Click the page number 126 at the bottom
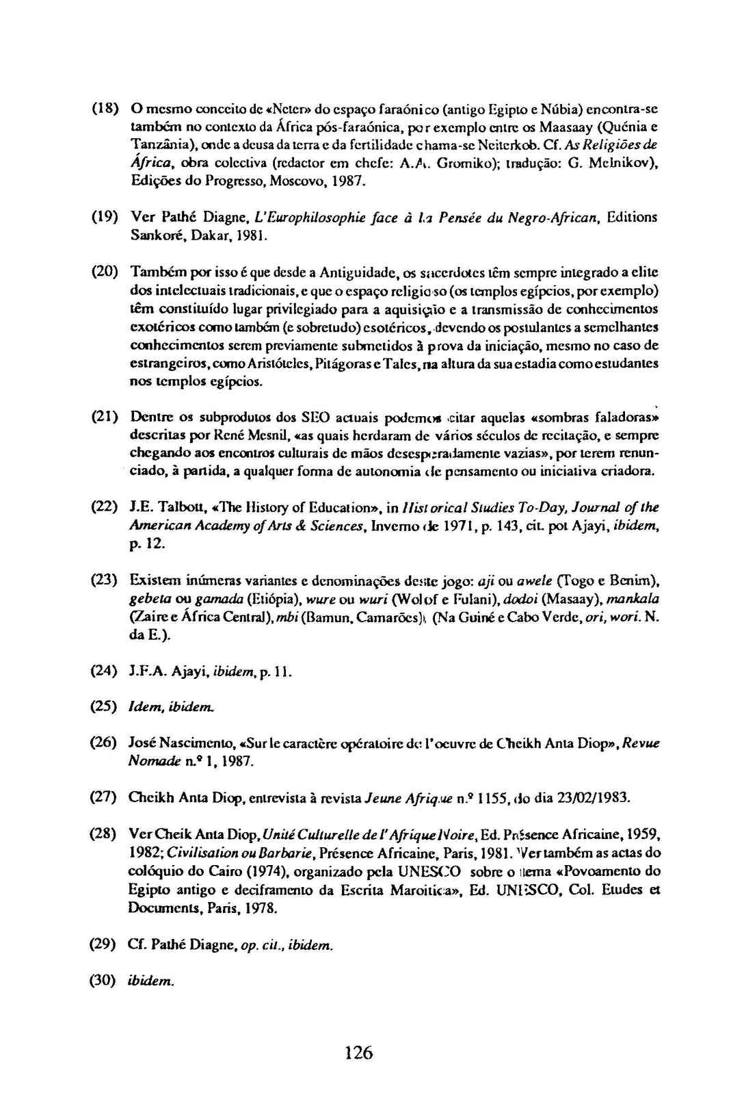359,1051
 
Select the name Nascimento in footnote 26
191,743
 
